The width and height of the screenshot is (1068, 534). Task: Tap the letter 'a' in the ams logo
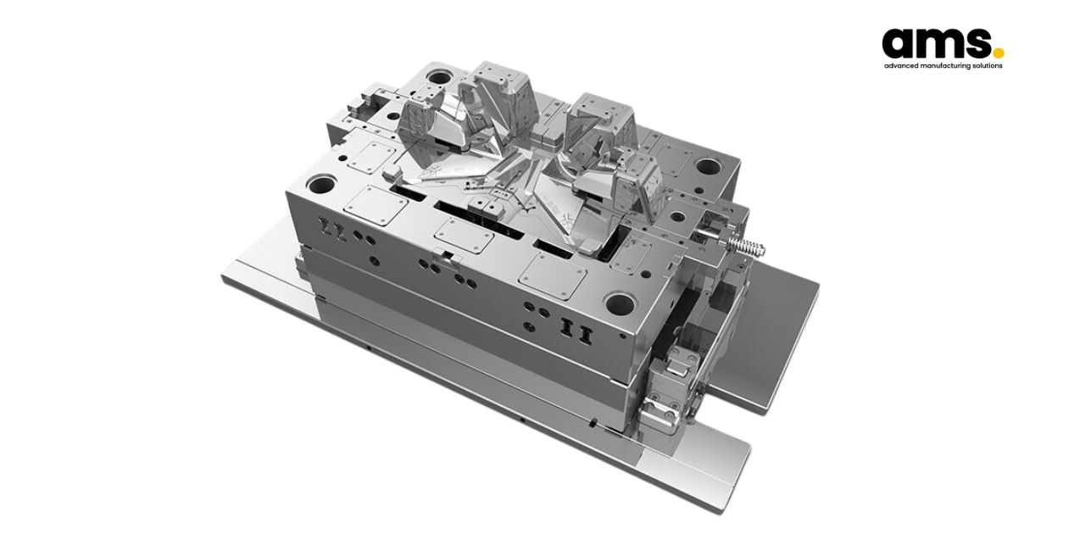coord(899,43)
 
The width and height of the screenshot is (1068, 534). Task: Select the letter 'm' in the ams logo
coord(941,43)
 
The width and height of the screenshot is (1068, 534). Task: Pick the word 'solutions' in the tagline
coord(988,65)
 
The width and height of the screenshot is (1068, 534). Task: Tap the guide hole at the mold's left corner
coord(323,184)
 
